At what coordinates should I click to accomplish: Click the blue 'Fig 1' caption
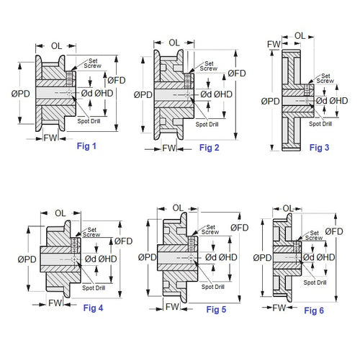(86, 146)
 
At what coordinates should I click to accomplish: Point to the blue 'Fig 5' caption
(216, 310)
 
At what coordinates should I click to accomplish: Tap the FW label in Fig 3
(274, 45)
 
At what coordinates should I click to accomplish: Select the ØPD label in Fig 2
(143, 94)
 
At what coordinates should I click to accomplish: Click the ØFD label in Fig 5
(240, 228)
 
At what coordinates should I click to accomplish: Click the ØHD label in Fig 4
(108, 259)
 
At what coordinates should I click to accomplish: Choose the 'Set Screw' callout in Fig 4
(91, 231)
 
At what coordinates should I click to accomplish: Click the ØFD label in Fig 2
(238, 73)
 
